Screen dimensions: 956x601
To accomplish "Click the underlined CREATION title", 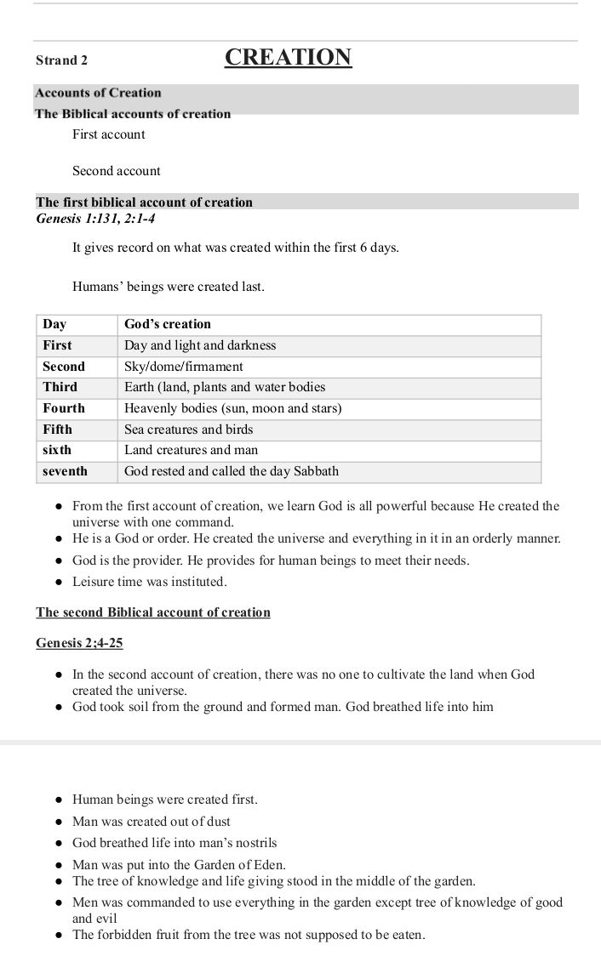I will tap(288, 58).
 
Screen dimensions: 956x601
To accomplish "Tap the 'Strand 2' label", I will tap(61, 60).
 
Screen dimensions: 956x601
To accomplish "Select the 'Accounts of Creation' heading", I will tap(98, 93).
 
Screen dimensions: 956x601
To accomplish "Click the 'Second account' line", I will tap(116, 171).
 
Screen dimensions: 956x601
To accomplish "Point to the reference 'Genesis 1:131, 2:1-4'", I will tap(95, 219).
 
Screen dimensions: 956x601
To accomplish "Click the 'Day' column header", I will tap(54, 324).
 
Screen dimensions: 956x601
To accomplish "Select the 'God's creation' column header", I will tap(168, 324).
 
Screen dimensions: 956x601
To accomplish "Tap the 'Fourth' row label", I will tap(64, 408).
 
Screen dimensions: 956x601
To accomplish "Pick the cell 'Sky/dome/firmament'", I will tap(184, 367).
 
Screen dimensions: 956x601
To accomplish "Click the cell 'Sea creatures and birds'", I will tap(189, 430).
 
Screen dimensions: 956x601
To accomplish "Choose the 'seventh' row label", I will tap(65, 471).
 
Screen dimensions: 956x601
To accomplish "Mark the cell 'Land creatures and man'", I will tap(192, 450).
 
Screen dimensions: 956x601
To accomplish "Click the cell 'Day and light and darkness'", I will tap(200, 345).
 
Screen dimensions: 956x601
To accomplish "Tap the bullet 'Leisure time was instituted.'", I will tap(150, 583).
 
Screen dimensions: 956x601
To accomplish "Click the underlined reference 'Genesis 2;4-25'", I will tap(79, 643).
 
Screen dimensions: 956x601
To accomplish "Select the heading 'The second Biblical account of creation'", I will tap(153, 612).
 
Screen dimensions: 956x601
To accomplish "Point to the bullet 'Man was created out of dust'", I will tap(152, 822).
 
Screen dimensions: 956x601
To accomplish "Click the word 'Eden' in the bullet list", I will tap(268, 865).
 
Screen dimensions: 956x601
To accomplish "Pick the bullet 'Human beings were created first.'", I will tap(165, 800).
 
